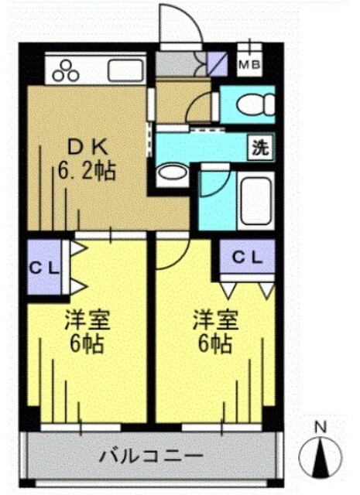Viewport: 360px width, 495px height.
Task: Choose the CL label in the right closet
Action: pyautogui.click(x=247, y=255)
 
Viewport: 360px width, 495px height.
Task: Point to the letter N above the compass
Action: pyautogui.click(x=321, y=427)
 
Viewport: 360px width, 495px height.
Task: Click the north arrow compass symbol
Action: pyautogui.click(x=321, y=459)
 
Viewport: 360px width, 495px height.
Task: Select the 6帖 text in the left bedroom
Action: pyautogui.click(x=84, y=343)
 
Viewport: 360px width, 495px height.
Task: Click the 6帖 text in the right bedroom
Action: pyautogui.click(x=212, y=343)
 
